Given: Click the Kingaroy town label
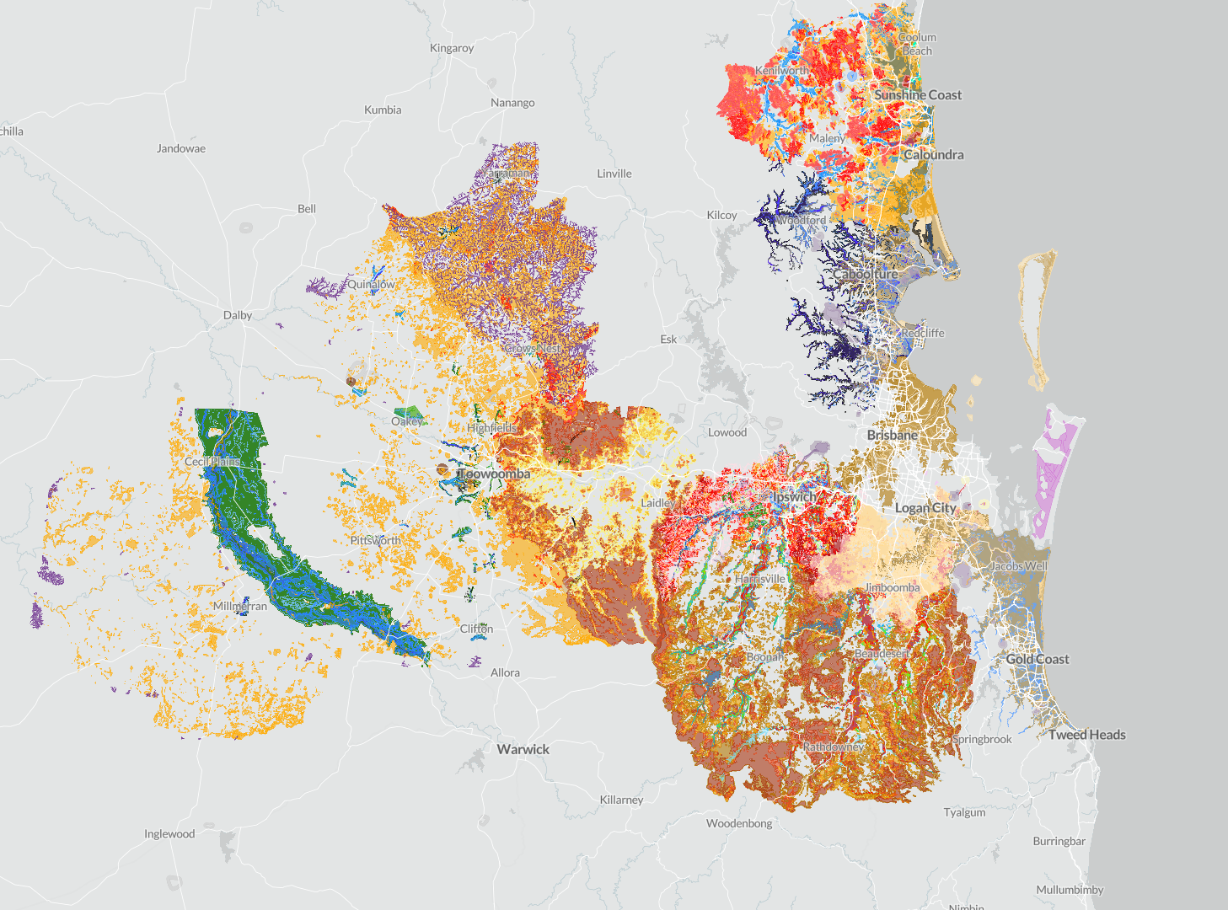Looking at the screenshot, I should (x=452, y=48).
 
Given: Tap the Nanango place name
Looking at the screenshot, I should (x=512, y=103).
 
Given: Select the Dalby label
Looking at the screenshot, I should (x=238, y=315).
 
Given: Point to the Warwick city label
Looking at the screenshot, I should (x=523, y=749).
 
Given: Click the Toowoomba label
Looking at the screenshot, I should (x=495, y=474).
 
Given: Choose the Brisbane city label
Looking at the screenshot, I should (x=892, y=435).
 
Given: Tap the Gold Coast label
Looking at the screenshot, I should (x=1037, y=659).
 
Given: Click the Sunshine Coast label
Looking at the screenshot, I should (x=917, y=95).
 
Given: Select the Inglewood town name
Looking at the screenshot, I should (x=169, y=834).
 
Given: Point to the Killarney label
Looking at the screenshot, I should (x=621, y=800).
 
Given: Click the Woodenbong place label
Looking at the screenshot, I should (x=739, y=823).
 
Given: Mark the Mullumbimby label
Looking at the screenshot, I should (x=1070, y=890).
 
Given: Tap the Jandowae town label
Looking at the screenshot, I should (x=181, y=148).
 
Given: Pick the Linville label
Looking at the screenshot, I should (x=614, y=174).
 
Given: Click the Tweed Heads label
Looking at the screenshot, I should (x=1086, y=735).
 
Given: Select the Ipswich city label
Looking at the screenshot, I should (x=794, y=497).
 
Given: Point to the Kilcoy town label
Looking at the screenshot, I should (x=721, y=215).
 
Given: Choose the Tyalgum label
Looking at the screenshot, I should (x=964, y=812).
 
